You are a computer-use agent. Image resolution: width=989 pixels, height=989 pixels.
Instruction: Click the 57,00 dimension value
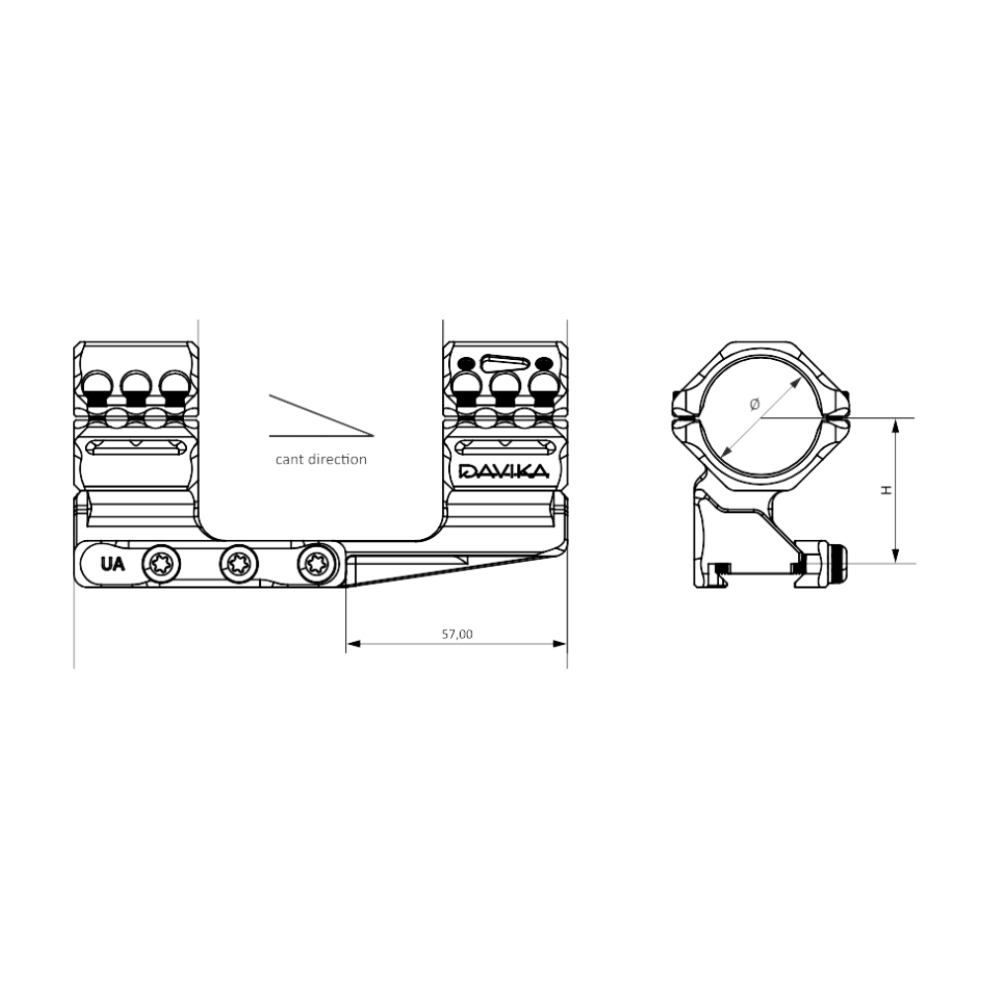click(457, 634)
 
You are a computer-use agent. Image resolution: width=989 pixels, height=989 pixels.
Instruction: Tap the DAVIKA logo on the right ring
click(504, 471)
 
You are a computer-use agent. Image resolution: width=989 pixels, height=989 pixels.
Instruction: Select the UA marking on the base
click(113, 564)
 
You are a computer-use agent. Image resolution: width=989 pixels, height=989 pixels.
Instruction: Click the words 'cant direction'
click(321, 459)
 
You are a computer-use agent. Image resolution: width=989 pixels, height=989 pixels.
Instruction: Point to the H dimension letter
click(886, 490)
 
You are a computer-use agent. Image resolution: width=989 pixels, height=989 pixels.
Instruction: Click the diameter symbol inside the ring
click(755, 405)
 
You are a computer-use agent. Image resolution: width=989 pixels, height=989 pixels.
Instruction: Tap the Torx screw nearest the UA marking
click(161, 563)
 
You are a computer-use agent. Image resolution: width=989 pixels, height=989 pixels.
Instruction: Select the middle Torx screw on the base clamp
click(238, 563)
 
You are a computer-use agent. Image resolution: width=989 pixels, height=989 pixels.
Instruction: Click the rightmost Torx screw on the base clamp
click(315, 562)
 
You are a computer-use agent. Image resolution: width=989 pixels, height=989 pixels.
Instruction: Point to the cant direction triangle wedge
click(321, 415)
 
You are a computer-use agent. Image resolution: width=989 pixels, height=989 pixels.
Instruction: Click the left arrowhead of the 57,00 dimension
click(353, 644)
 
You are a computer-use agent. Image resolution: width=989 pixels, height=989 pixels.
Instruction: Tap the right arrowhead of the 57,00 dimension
click(560, 644)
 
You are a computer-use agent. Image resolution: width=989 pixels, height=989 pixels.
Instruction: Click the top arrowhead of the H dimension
click(895, 425)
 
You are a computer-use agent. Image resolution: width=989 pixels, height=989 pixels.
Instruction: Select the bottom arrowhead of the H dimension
click(895, 556)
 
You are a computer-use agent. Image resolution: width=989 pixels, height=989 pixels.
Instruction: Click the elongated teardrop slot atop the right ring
click(503, 363)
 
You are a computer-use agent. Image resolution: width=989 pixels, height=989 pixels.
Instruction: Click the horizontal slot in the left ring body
click(135, 447)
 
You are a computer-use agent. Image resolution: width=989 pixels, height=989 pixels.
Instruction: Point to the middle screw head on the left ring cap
click(136, 388)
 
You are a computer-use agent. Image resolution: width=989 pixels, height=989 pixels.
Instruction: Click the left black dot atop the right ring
click(466, 363)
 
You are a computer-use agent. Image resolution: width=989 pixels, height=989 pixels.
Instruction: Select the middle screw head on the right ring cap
click(504, 389)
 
